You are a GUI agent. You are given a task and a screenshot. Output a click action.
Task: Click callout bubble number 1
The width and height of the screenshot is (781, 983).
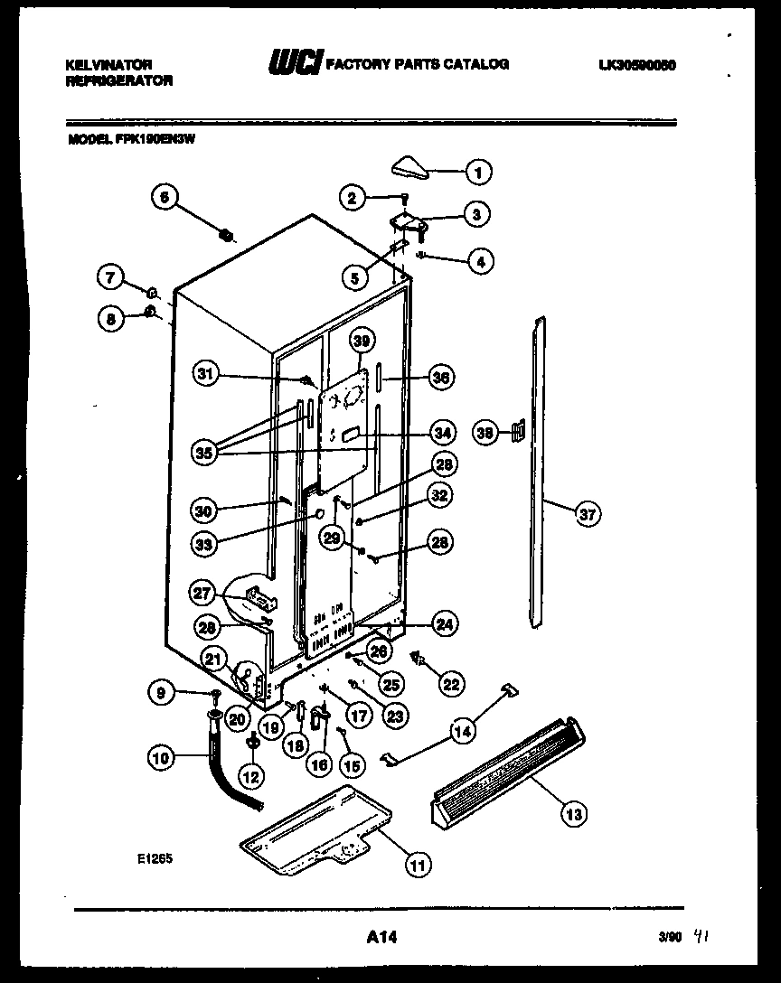click(x=479, y=171)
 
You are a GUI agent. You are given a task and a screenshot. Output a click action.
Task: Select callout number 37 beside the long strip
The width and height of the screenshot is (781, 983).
click(x=588, y=514)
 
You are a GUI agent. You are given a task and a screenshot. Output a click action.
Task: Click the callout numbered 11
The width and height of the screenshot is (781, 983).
click(x=417, y=866)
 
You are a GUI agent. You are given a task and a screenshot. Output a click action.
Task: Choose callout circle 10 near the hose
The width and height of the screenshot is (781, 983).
click(x=161, y=759)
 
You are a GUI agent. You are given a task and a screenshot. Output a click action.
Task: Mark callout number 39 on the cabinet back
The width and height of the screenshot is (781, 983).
click(x=362, y=341)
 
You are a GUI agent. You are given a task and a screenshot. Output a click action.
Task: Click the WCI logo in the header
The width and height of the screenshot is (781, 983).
click(x=295, y=64)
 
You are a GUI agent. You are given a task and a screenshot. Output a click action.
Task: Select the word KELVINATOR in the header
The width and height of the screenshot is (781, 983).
click(x=108, y=64)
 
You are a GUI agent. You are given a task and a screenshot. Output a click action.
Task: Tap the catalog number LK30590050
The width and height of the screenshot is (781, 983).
click(x=637, y=64)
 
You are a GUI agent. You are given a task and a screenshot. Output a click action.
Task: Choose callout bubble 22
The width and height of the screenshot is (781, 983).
click(x=449, y=684)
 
